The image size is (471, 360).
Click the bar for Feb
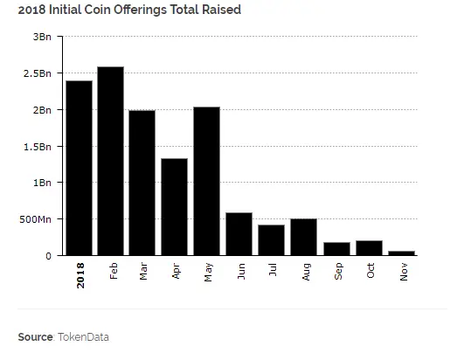(110, 161)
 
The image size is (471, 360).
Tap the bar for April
(174, 207)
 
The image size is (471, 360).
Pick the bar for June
(239, 233)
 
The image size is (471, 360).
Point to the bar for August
(302, 237)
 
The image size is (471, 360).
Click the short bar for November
(402, 253)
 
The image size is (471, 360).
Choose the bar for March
(142, 183)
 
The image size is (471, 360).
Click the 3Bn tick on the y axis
(43, 37)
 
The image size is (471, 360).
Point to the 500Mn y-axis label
(37, 219)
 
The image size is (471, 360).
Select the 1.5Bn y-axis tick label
(39, 146)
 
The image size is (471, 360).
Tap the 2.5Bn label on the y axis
(39, 73)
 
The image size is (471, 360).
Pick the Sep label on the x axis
(337, 271)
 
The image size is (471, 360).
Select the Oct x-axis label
(370, 271)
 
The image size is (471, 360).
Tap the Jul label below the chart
(274, 270)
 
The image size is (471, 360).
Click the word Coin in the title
(108, 10)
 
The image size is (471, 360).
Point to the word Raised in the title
(219, 10)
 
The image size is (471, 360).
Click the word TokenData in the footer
(84, 336)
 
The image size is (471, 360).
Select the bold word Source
(35, 336)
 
